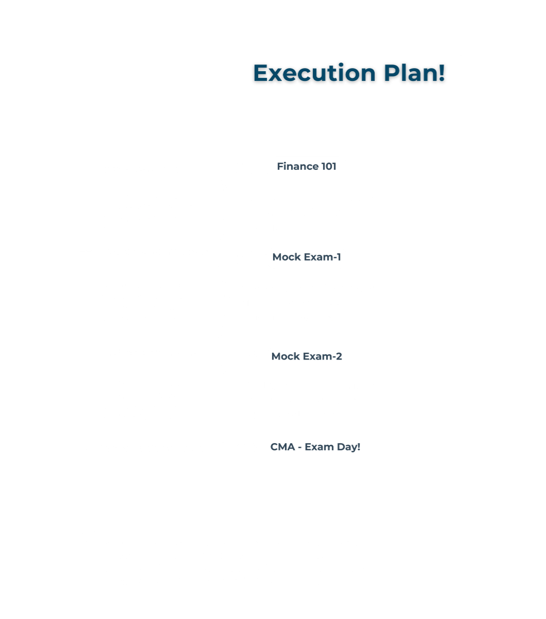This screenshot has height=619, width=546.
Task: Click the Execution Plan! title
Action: pyautogui.click(x=348, y=73)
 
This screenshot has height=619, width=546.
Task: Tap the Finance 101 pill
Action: pyautogui.click(x=306, y=167)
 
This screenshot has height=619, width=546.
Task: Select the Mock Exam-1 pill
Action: pyautogui.click(x=306, y=257)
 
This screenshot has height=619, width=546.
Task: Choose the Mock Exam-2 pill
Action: pyautogui.click(x=306, y=357)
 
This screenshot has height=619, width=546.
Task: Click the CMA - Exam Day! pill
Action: pyautogui.click(x=315, y=447)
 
